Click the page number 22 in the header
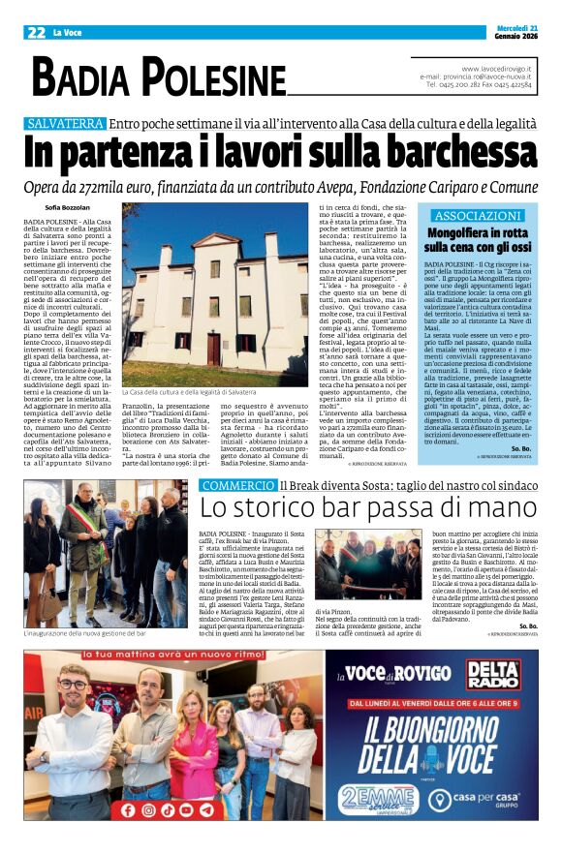pos(37,32)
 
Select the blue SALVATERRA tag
pos(65,124)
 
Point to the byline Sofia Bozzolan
pos(66,207)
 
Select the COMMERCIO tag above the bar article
pos(237,485)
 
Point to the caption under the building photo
pos(190,392)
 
